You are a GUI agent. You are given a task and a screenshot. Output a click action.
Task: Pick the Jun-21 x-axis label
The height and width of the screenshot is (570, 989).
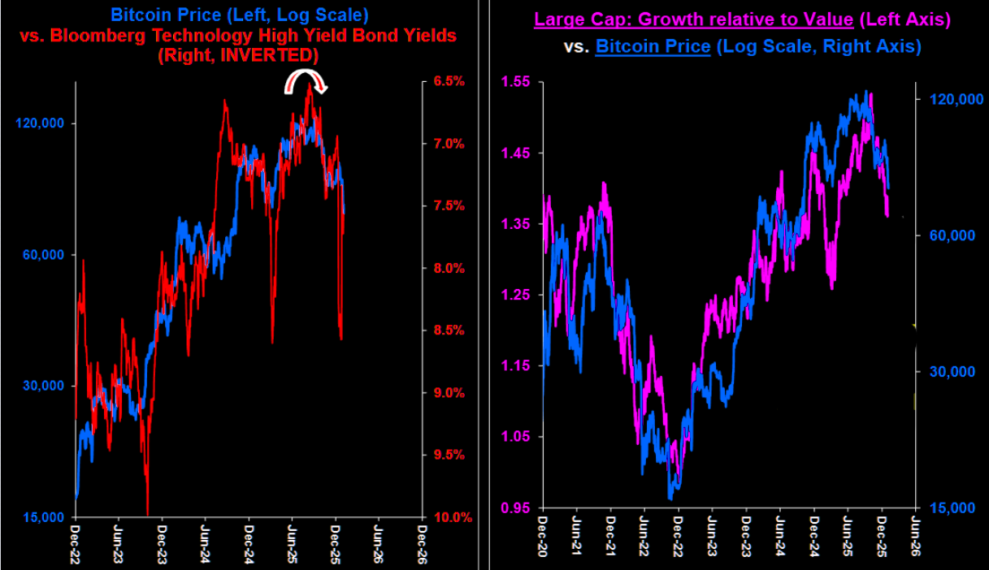575,536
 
